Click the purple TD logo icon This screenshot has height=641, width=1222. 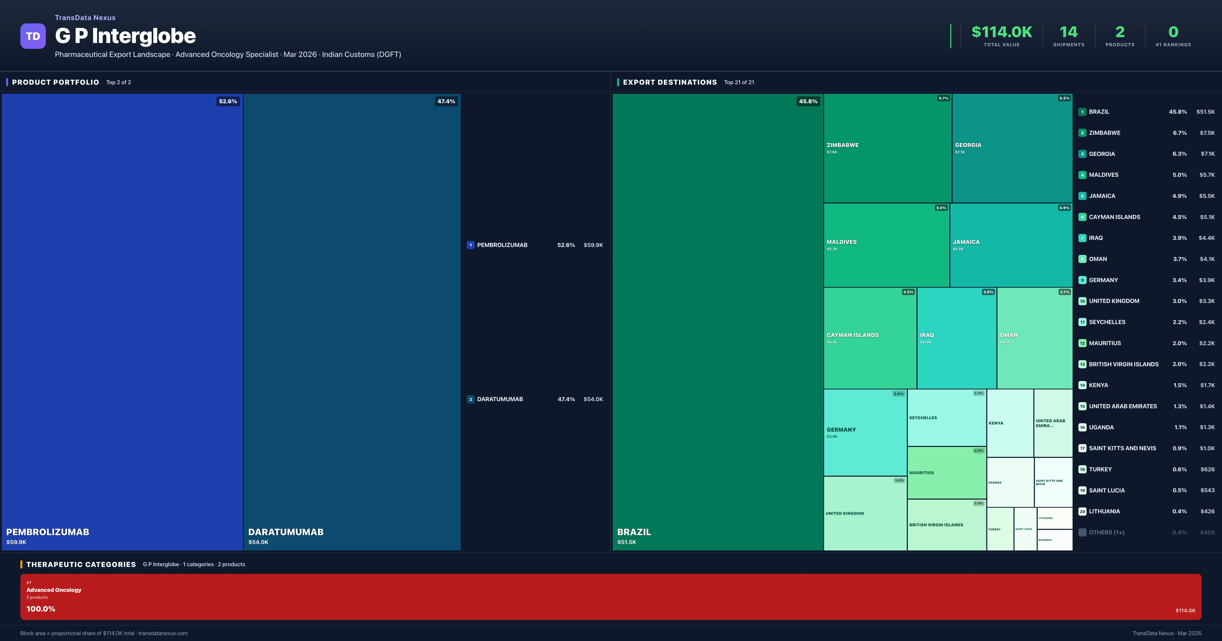pyautogui.click(x=33, y=36)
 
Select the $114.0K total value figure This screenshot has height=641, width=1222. pyautogui.click(x=1002, y=32)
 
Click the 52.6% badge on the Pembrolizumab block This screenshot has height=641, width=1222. pyautogui.click(x=228, y=101)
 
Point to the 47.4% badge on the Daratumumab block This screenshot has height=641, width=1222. pyautogui.click(x=446, y=101)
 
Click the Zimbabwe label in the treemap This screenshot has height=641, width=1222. pyautogui.click(x=842, y=145)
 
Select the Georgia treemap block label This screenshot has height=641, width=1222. pyautogui.click(x=968, y=145)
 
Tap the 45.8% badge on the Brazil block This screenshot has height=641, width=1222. pyautogui.click(x=808, y=101)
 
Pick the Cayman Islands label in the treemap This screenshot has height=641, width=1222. pyautogui.click(x=852, y=335)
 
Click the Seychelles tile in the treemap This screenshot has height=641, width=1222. pyautogui.click(x=946, y=418)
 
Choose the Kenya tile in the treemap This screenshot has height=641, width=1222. pyautogui.click(x=1009, y=423)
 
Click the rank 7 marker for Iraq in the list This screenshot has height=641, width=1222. pyautogui.click(x=1082, y=238)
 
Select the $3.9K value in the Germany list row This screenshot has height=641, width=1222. pyautogui.click(x=1206, y=280)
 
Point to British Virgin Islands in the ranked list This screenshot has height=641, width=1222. pyautogui.click(x=1123, y=364)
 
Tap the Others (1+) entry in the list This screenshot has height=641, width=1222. pyautogui.click(x=1106, y=532)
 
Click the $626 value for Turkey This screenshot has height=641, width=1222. pyautogui.click(x=1207, y=469)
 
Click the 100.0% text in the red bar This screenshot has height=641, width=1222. pyautogui.click(x=41, y=609)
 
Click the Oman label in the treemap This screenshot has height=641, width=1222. pyautogui.click(x=1008, y=335)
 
